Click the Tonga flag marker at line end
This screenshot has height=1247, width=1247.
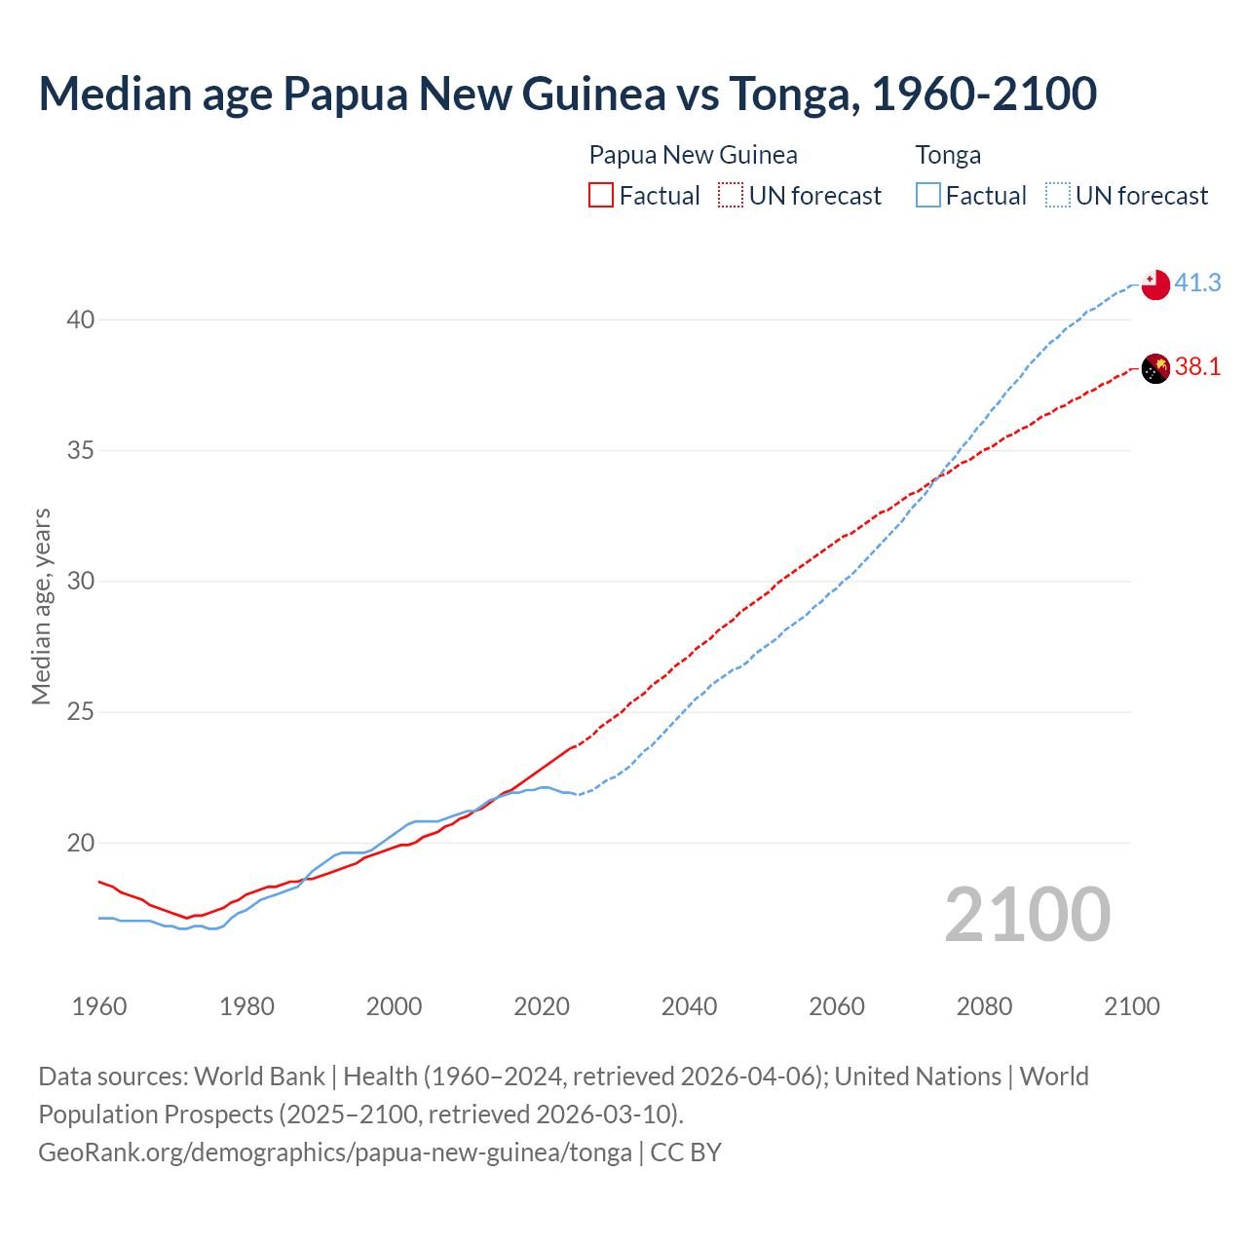point(1154,284)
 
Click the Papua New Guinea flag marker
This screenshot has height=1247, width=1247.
point(1154,368)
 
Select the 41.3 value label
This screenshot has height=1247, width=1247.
point(1197,283)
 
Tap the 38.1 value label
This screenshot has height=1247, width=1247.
point(1197,366)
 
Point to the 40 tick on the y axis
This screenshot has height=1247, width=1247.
point(81,320)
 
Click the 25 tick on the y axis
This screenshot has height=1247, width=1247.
point(81,712)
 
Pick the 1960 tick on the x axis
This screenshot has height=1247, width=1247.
point(99,1006)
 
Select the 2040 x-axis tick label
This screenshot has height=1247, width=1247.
point(689,1006)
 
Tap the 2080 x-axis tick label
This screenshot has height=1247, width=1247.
point(984,1006)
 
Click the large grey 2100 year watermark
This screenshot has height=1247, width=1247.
point(1027,914)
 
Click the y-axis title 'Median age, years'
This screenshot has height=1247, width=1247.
point(41,606)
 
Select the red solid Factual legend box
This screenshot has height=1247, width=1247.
point(601,196)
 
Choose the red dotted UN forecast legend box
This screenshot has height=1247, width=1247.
point(731,196)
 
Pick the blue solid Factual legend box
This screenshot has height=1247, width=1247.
point(928,196)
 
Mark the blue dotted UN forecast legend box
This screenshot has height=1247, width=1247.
point(1058,196)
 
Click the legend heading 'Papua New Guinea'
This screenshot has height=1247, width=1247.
point(693,155)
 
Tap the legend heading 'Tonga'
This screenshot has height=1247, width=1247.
point(948,155)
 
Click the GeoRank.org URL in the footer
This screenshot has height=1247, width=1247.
point(335,1152)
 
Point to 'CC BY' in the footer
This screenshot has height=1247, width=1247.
point(686,1152)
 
